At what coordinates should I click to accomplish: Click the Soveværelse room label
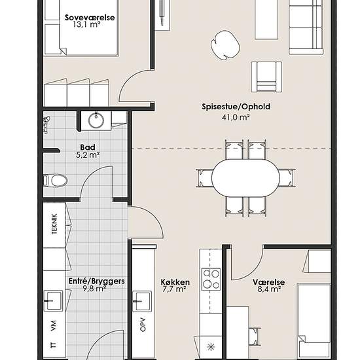point(90,18)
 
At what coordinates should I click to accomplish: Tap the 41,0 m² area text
point(236,117)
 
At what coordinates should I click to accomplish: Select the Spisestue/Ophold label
point(236,107)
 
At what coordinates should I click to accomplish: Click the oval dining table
point(245,178)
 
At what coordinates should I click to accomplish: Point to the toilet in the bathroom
point(56,181)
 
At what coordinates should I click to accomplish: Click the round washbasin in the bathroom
point(96,120)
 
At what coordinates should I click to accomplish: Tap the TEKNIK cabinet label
point(54,224)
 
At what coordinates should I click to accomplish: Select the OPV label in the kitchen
point(143,325)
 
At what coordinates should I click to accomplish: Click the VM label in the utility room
point(53,326)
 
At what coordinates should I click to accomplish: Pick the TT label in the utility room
point(53,345)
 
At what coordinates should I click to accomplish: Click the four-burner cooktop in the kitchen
point(211,279)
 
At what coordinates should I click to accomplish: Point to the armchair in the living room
point(266,77)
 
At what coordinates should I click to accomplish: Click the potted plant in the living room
point(225,45)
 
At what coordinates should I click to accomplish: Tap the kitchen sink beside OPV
point(142,301)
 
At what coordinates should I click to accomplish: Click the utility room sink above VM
point(53,300)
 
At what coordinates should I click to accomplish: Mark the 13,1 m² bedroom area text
point(87,25)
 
